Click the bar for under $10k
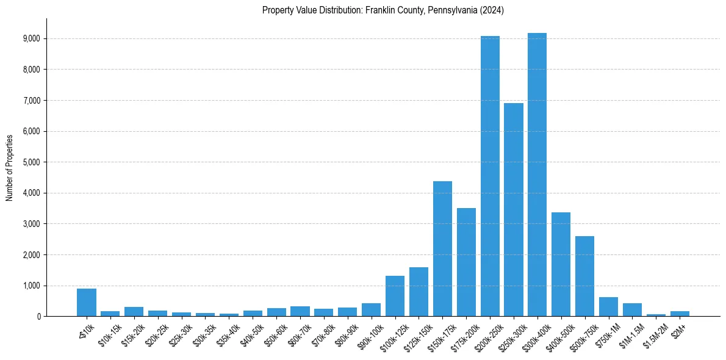click(87, 303)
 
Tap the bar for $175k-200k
click(466, 262)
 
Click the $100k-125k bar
click(395, 296)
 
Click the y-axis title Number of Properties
click(9, 167)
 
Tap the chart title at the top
click(383, 10)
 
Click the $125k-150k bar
click(419, 292)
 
